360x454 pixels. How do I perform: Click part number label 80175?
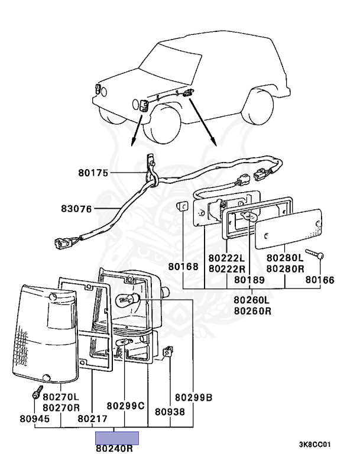coord(92,173)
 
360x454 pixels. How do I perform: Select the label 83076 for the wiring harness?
coord(76,208)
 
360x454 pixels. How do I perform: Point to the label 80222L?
coord(226,258)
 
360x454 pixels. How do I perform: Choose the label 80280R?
coord(285,268)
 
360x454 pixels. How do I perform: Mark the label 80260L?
coord(252,300)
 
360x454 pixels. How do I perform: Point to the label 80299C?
coord(125,406)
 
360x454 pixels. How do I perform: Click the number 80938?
coord(170,412)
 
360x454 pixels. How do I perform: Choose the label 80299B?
coord(193,397)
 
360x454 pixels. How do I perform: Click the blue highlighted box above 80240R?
coord(117,437)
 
